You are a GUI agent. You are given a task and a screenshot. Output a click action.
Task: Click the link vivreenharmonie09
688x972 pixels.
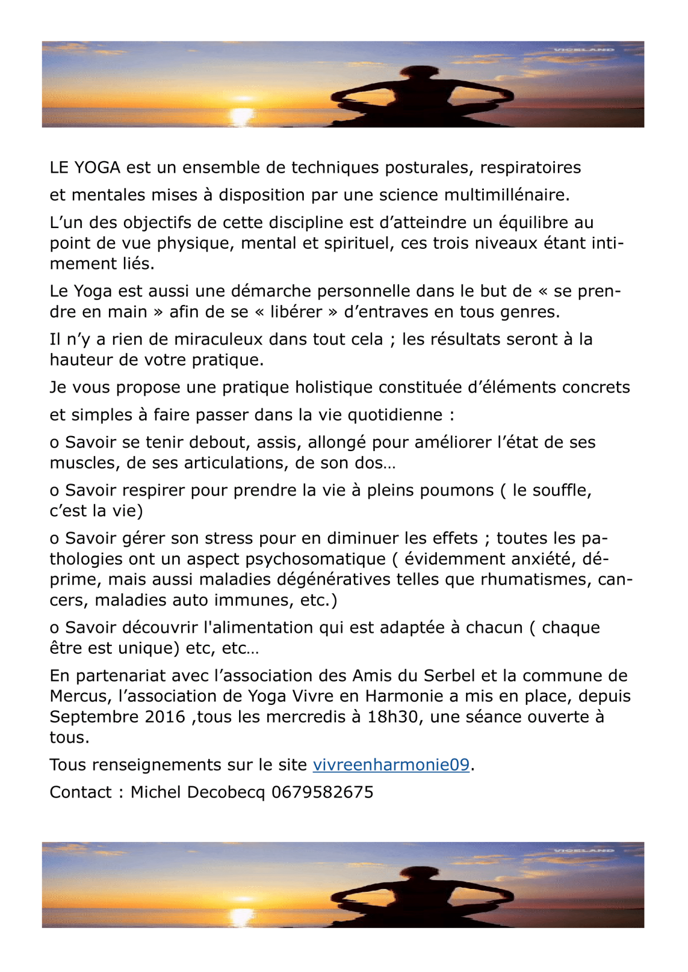click(391, 765)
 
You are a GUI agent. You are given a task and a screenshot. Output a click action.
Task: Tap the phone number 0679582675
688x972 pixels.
click(322, 793)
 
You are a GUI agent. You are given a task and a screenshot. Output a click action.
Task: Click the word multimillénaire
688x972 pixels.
click(507, 195)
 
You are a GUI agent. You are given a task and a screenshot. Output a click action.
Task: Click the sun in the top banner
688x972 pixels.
click(241, 113)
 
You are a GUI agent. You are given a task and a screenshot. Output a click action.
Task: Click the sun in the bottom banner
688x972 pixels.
click(241, 914)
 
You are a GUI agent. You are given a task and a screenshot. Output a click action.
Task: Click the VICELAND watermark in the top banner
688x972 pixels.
click(584, 50)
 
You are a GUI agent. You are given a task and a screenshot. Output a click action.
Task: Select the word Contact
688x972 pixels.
click(81, 793)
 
